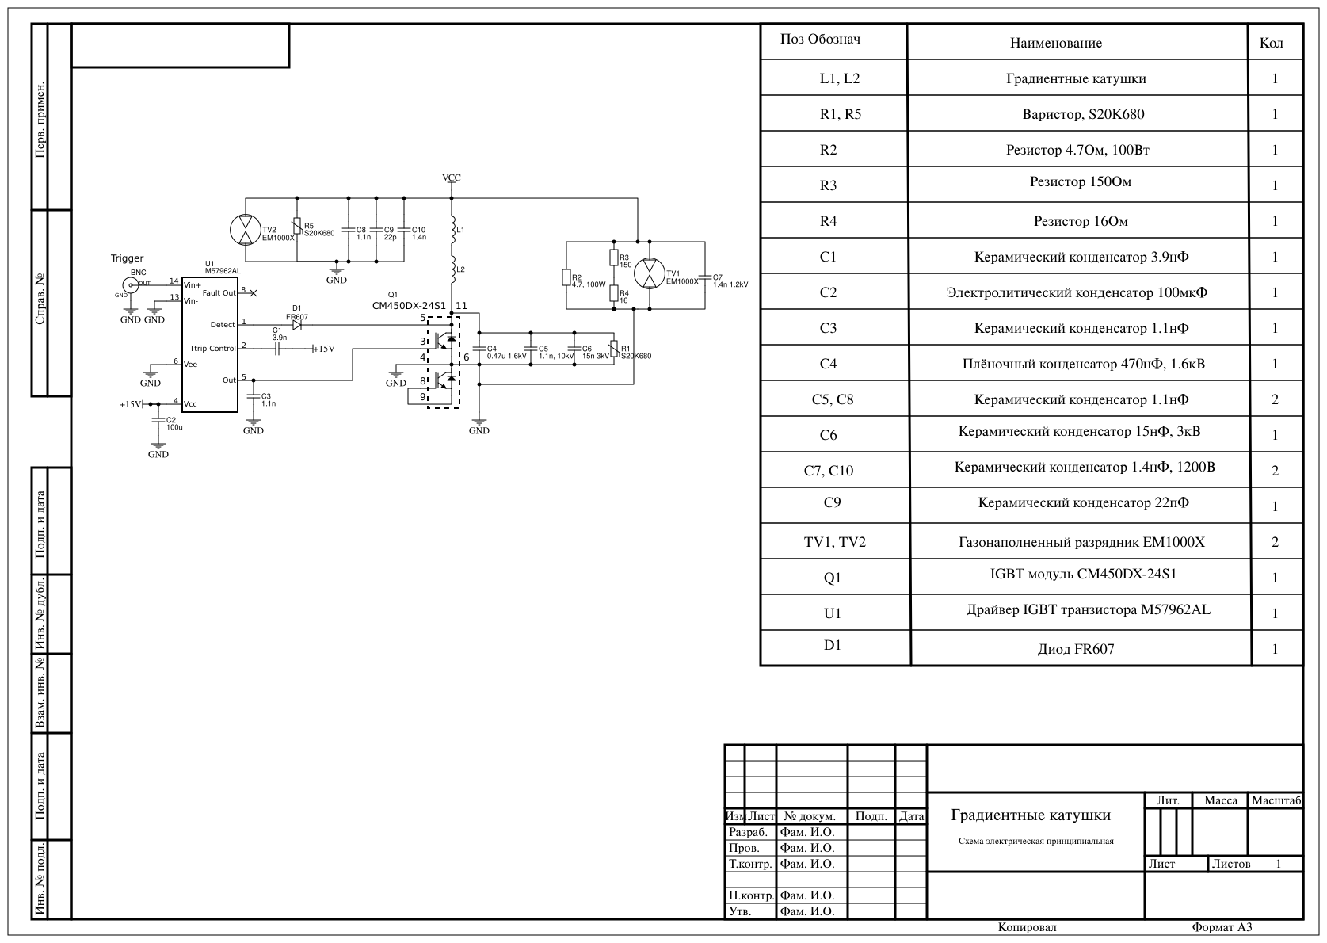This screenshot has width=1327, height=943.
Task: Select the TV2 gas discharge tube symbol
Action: [245, 230]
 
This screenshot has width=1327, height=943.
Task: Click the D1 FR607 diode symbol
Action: [297, 325]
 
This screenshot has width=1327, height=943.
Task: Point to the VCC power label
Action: [452, 178]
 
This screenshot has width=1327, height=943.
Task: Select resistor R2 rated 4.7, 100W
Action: [566, 277]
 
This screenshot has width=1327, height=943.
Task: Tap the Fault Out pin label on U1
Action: [219, 293]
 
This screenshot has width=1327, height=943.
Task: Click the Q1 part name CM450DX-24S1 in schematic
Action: [409, 306]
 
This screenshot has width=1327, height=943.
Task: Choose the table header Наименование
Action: [1056, 43]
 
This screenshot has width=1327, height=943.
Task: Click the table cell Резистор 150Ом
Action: [1081, 182]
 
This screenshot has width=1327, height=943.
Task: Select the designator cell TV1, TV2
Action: [834, 542]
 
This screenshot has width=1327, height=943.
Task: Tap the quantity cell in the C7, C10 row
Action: [1275, 471]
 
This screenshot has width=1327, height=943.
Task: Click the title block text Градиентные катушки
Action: [1031, 815]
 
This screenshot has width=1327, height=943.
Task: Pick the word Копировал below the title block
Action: [1028, 927]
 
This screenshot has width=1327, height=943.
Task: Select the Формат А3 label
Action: [1222, 927]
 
